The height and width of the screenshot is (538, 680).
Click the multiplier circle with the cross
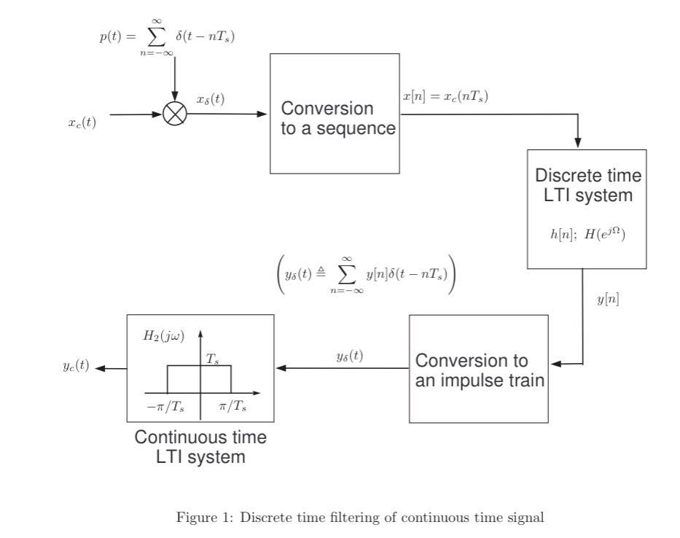tap(175, 114)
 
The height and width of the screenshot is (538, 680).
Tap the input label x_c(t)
tap(82, 122)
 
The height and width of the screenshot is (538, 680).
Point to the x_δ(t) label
tap(211, 100)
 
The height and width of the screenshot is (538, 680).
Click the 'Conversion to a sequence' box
tap(335, 114)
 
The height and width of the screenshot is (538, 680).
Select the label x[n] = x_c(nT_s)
tap(445, 95)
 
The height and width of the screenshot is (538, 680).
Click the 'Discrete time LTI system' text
tap(587, 185)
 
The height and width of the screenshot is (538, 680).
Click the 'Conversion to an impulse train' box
tap(478, 369)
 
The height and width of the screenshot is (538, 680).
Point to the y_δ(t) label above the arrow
tap(350, 356)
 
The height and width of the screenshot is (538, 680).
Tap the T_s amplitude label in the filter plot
tap(213, 359)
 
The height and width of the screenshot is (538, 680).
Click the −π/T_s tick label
tap(166, 406)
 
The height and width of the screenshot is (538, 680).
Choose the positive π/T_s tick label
tap(232, 406)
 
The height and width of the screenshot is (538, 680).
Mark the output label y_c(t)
tap(76, 366)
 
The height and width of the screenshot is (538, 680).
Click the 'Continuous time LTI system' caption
tap(200, 448)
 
